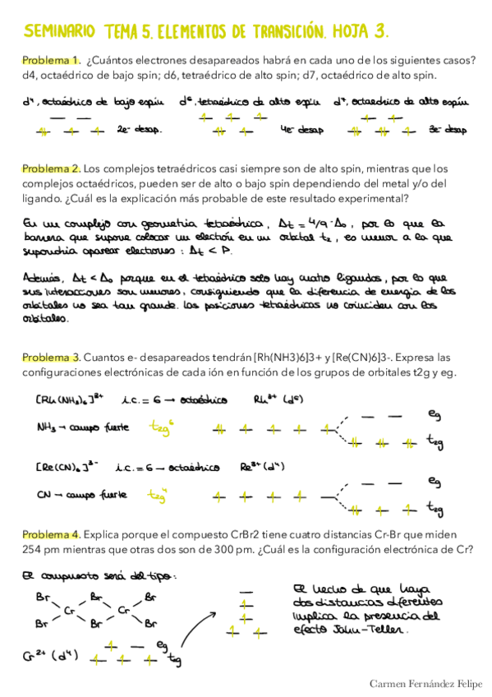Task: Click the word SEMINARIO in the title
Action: (59, 32)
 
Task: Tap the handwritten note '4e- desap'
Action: (300, 129)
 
